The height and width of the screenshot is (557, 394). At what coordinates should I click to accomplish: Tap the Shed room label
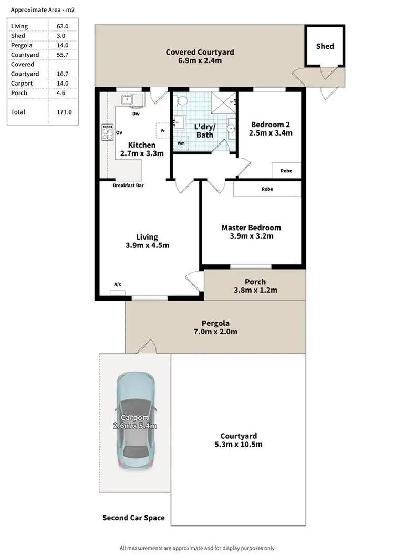pyautogui.click(x=325, y=46)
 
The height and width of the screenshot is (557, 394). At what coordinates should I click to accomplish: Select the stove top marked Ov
pyautogui.click(x=107, y=132)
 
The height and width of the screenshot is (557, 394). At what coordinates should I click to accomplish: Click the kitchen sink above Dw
pyautogui.click(x=127, y=100)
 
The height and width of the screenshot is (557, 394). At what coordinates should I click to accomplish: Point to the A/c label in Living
pyautogui.click(x=118, y=284)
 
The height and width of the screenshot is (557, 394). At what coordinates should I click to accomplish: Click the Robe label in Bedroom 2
pyautogui.click(x=286, y=171)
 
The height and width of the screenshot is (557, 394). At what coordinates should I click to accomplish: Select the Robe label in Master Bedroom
pyautogui.click(x=266, y=189)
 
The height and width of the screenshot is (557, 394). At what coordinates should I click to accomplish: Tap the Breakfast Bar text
pyautogui.click(x=129, y=185)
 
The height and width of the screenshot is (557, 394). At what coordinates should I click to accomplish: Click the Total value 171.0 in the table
pyautogui.click(x=64, y=112)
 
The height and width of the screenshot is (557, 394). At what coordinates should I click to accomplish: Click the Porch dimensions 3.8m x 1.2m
pyautogui.click(x=255, y=290)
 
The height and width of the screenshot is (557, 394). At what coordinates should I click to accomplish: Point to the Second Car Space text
pyautogui.click(x=133, y=518)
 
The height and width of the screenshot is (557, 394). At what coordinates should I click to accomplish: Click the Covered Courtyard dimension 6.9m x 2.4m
pyautogui.click(x=200, y=61)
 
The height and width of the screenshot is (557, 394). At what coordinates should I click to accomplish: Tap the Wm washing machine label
pyautogui.click(x=181, y=142)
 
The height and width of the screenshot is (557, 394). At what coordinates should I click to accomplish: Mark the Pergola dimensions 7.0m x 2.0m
pyautogui.click(x=216, y=332)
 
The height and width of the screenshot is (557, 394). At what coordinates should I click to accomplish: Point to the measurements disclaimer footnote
pyautogui.click(x=197, y=548)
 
